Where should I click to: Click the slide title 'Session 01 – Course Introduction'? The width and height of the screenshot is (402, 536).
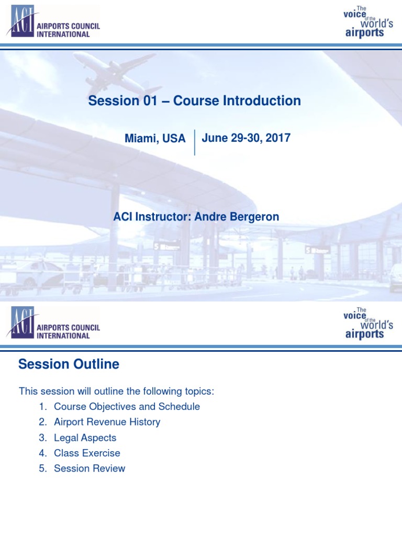pyautogui.click(x=194, y=100)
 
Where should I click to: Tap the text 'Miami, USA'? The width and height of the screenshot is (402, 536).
pyautogui.click(x=155, y=139)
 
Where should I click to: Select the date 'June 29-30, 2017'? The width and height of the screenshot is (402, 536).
pyautogui.click(x=246, y=138)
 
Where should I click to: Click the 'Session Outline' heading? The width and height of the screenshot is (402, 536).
pyautogui.click(x=69, y=364)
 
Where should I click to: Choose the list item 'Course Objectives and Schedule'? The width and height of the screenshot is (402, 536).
pyautogui.click(x=127, y=406)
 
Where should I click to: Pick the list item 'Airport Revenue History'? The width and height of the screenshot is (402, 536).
pyautogui.click(x=107, y=422)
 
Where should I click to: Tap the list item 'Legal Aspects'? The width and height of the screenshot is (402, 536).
pyautogui.click(x=85, y=438)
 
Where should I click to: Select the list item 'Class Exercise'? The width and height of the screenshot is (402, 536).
pyautogui.click(x=87, y=453)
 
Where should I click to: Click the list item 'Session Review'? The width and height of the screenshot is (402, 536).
pyautogui.click(x=90, y=468)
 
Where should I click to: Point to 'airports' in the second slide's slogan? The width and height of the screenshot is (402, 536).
pyautogui.click(x=364, y=334)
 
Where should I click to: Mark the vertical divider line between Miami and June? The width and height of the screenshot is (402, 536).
pyautogui.click(x=195, y=142)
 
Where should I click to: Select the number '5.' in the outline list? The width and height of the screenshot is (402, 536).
pyautogui.click(x=43, y=468)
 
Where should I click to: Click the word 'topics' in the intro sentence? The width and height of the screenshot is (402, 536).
pyautogui.click(x=198, y=392)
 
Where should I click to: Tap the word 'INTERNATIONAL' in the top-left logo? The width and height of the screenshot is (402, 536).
pyautogui.click(x=63, y=35)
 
